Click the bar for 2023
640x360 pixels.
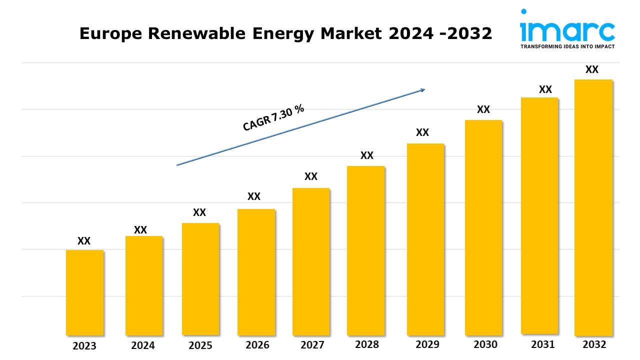click(84, 292)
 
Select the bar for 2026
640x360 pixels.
click(256, 272)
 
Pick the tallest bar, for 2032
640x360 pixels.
click(593, 207)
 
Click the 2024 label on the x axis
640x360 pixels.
click(143, 345)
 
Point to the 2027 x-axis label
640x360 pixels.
click(311, 345)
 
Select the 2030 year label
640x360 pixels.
click(485, 344)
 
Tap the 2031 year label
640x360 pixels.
click(542, 344)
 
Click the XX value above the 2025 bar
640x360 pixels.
click(199, 212)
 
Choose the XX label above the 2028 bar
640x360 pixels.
click(367, 155)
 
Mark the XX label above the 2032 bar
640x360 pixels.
click(592, 69)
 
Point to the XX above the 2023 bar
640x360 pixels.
click(84, 241)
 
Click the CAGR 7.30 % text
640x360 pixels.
click(273, 118)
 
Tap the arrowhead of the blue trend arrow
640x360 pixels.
click(422, 90)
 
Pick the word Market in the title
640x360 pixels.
click(358, 33)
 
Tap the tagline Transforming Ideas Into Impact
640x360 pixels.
click(567, 46)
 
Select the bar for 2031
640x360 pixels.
click(539, 215)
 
